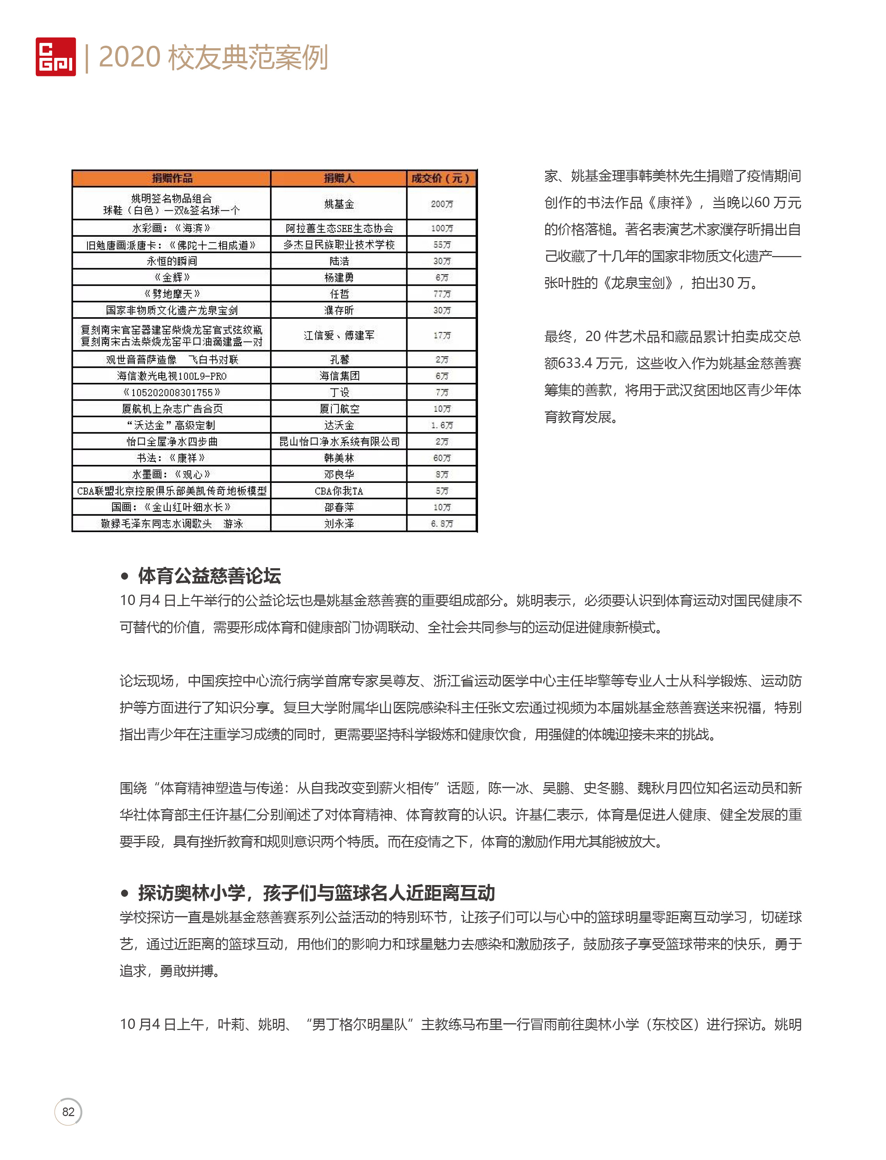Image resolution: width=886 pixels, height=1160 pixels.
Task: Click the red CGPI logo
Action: pos(55,56)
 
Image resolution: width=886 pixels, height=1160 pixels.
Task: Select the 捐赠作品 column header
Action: pos(172,178)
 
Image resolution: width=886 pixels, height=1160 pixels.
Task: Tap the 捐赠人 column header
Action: pos(339,178)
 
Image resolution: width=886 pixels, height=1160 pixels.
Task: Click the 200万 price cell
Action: pos(442,204)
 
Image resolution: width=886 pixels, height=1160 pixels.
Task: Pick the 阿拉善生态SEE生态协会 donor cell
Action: pos(339,228)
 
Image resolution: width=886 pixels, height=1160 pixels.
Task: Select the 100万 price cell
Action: pos(442,228)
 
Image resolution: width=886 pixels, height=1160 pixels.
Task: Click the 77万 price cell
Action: pos(442,294)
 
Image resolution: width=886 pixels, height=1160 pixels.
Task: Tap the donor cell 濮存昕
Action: pos(339,310)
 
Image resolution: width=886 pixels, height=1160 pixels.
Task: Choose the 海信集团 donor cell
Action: pos(339,376)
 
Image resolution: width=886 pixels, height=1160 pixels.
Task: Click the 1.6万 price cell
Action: pos(442,425)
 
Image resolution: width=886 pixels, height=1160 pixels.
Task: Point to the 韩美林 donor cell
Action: pos(339,457)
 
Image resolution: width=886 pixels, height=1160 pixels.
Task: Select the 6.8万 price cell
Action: pos(442,524)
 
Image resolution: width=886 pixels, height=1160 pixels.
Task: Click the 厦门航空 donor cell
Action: pos(339,409)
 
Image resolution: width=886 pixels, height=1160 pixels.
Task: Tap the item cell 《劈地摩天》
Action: pos(172,294)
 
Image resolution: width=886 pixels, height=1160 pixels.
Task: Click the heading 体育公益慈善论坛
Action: pos(209,576)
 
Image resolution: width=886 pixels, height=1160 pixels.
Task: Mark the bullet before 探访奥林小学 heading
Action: pos(124,893)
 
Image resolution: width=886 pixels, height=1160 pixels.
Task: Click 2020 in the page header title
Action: pos(129,57)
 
